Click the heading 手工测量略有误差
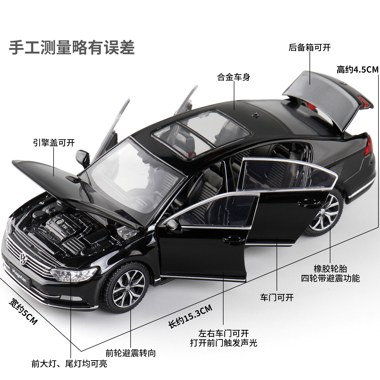72,47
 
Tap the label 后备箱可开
309,48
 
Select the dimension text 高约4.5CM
357,70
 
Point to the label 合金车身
234,77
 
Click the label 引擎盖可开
54,143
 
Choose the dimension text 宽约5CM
23,311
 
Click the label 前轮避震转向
131,353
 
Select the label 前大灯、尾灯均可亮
69,364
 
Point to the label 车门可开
277,298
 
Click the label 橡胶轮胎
330,269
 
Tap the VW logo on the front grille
23,258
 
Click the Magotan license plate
19,275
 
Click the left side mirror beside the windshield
83,158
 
